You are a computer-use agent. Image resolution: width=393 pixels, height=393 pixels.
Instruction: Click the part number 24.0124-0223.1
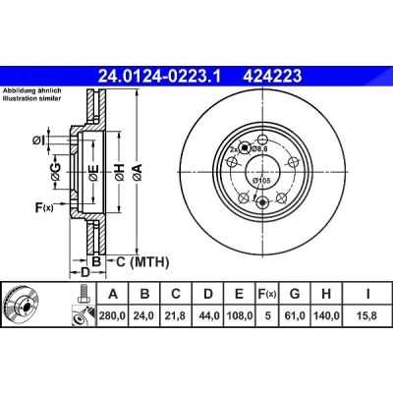160,77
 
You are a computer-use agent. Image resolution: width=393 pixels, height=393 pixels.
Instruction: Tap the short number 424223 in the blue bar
272,77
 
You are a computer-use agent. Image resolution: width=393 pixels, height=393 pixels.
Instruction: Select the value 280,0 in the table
113,315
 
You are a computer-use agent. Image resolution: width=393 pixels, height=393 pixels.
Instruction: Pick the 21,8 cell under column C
176,315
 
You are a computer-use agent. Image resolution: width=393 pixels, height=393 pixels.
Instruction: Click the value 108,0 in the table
240,315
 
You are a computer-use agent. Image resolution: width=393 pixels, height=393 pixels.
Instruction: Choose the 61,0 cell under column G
295,315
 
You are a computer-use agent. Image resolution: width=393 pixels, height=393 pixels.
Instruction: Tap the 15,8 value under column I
367,315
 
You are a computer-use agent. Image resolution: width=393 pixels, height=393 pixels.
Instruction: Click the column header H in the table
326,294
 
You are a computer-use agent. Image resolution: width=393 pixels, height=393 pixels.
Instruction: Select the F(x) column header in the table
267,294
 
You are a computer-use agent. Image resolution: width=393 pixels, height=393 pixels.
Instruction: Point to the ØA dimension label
138,172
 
